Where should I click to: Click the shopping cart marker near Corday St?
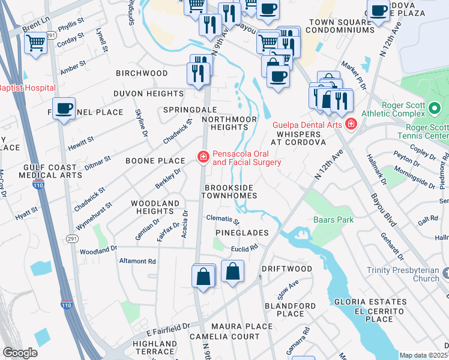[x=35, y=44]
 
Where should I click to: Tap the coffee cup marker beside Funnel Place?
[x=63, y=109]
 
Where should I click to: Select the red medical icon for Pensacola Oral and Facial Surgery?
[x=203, y=157]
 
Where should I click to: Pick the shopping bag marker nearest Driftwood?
[x=232, y=272]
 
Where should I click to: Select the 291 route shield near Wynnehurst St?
[x=79, y=230]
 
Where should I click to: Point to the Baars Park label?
[x=333, y=220]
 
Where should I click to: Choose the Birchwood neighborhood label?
[x=142, y=73]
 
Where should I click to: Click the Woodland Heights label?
[x=155, y=208]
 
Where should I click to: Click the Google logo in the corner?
[x=20, y=353]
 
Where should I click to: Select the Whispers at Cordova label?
[x=298, y=138]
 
